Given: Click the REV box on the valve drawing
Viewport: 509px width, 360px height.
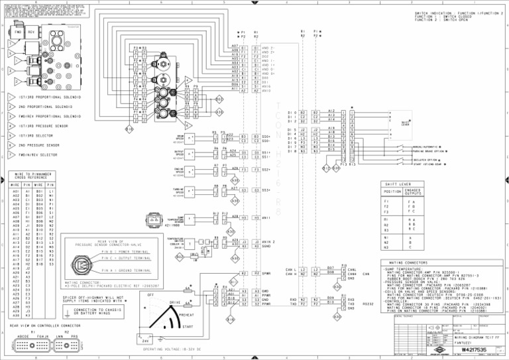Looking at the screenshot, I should pyautogui.click(x=32, y=32).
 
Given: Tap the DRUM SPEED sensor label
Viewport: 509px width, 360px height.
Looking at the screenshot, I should pyautogui.click(x=178, y=137).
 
